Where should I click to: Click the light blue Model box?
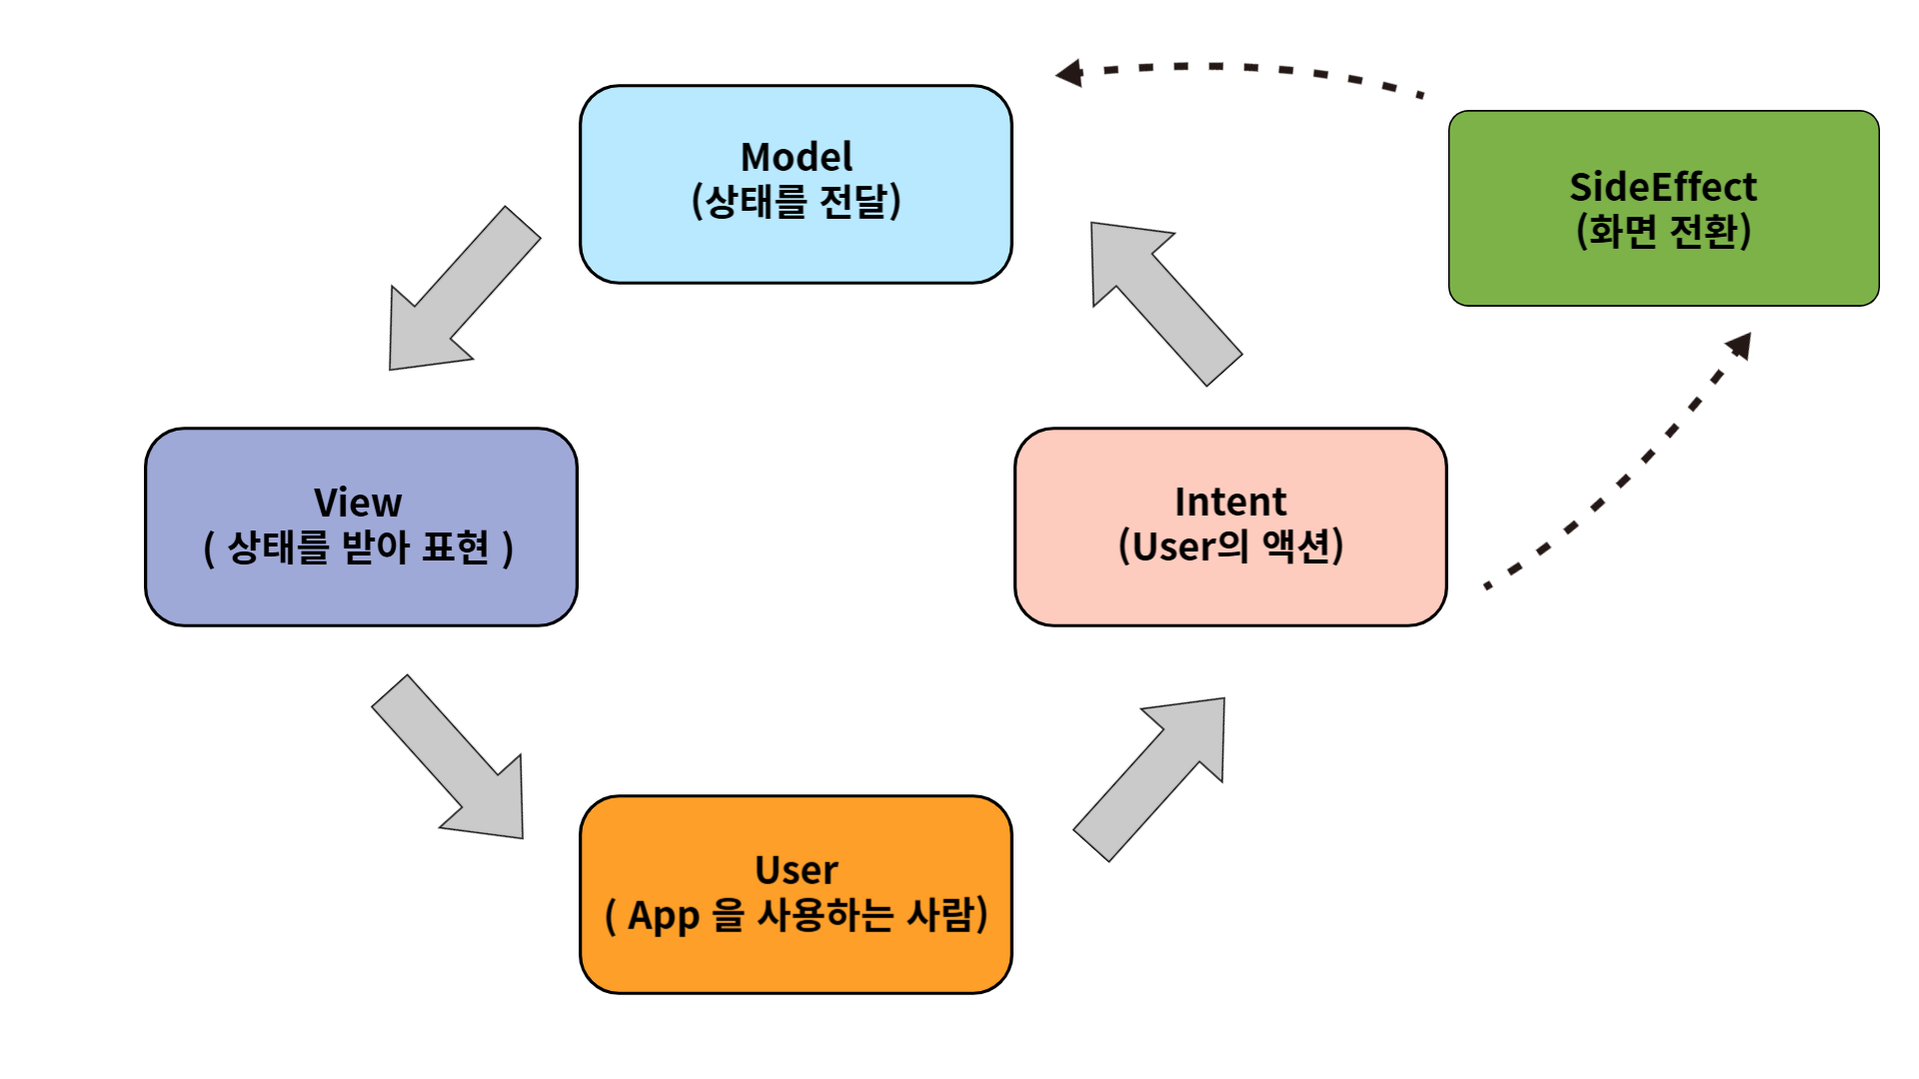796,185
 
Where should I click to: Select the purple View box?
361,527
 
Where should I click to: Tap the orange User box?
796,894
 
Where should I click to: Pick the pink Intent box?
1230,527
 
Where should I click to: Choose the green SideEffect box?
1664,208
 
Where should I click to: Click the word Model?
797,157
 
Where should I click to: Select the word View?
358,502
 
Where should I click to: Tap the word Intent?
1230,502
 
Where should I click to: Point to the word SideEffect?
1663,187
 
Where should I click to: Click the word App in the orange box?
664,916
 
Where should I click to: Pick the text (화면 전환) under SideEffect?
1663,232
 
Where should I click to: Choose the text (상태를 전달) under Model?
797,201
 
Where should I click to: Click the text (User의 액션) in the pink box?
1230,546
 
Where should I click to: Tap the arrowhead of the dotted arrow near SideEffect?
1740,345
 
